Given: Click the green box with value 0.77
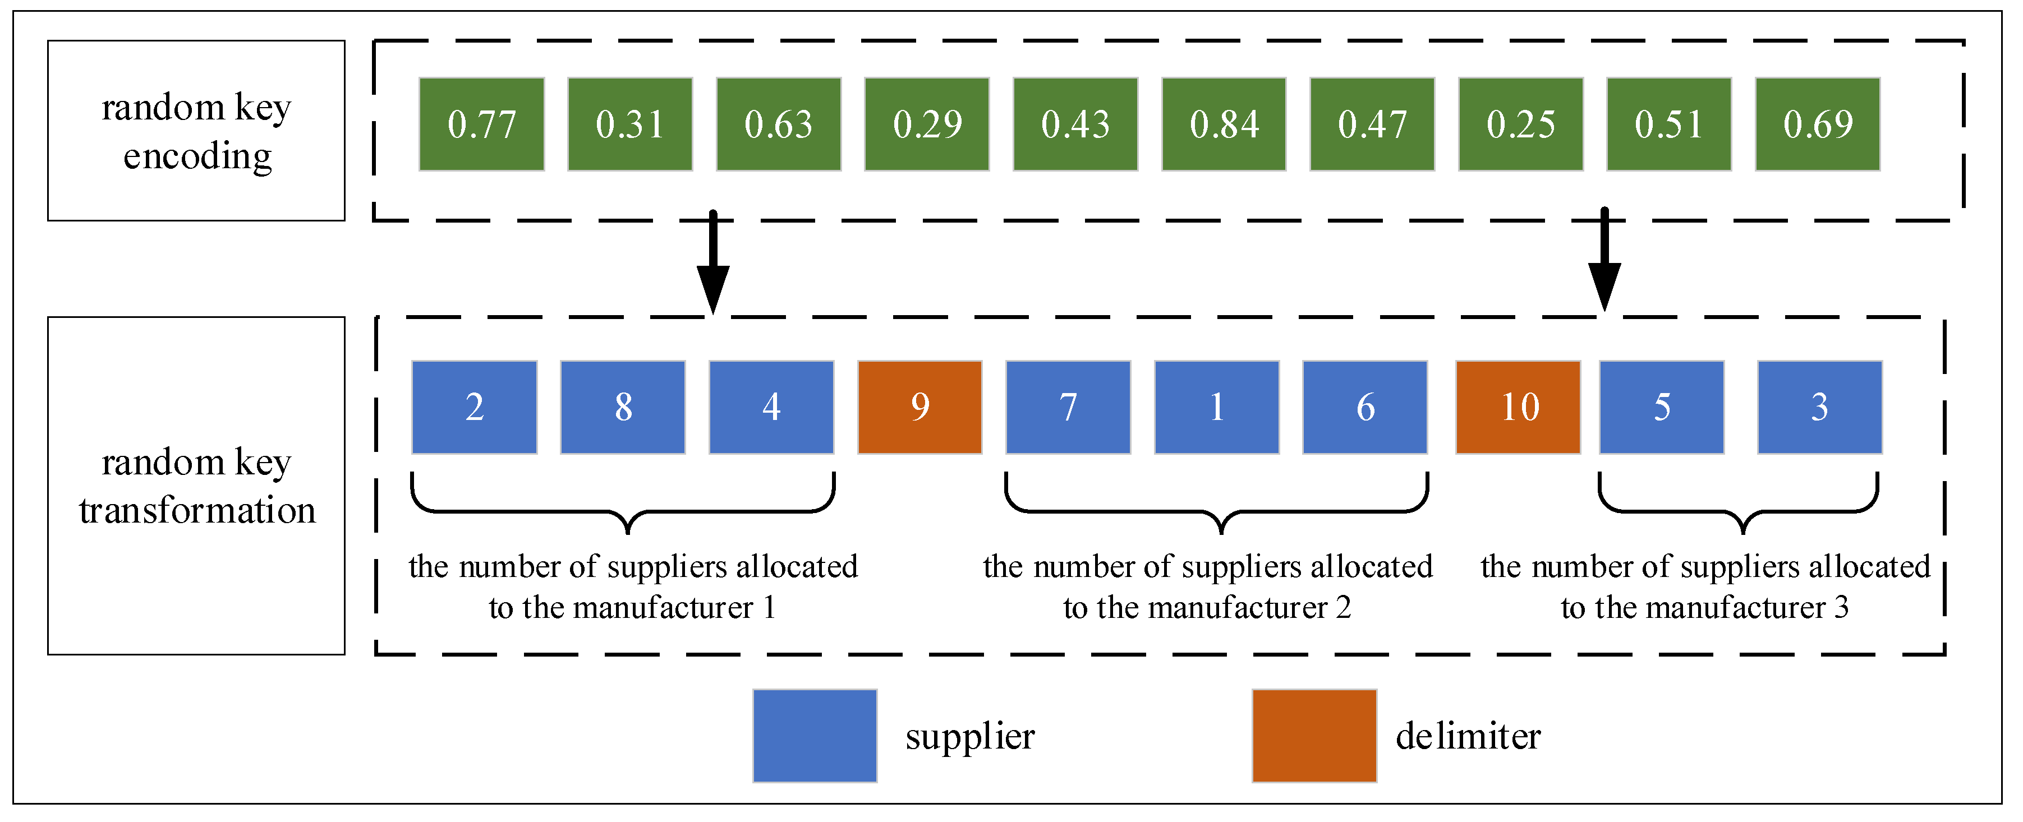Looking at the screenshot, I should [481, 124].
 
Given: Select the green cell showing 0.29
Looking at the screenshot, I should [927, 124].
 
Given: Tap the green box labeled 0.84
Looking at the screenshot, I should [1224, 124].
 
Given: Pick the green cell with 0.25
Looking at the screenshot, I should [1520, 124].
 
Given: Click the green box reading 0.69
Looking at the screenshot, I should [1817, 124].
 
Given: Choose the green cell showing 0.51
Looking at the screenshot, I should [1669, 124].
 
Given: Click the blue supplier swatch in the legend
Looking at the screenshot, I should [815, 736].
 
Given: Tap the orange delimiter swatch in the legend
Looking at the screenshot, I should [1314, 736].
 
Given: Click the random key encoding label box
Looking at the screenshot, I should [196, 130].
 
